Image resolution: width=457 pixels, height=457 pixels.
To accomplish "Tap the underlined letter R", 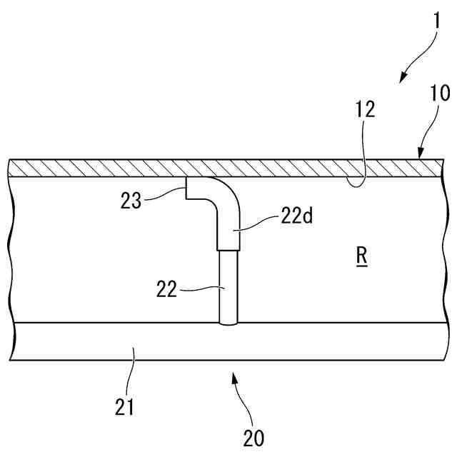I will [x=361, y=256].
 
